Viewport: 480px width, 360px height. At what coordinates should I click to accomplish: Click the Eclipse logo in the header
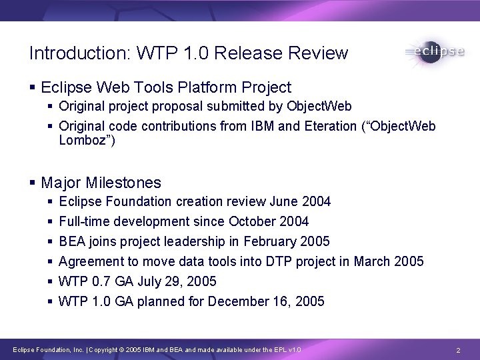[x=433, y=52]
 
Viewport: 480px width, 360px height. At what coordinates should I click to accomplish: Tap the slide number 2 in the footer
[x=459, y=350]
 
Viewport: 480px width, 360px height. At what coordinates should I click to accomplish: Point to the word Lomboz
[x=83, y=139]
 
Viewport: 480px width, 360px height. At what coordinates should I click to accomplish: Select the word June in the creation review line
[x=283, y=201]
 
